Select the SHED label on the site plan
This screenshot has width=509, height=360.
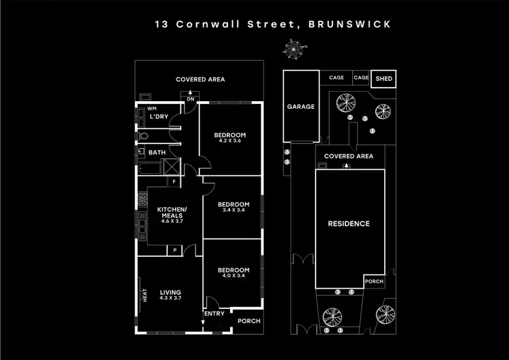pyautogui.click(x=383, y=78)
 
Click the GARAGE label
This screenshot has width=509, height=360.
pyautogui.click(x=301, y=107)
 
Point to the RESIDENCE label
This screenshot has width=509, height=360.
pyautogui.click(x=349, y=223)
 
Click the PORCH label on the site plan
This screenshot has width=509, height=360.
pyautogui.click(x=374, y=281)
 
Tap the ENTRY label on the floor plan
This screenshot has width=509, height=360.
pyautogui.click(x=214, y=313)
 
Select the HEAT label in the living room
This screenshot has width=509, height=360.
pyautogui.click(x=144, y=297)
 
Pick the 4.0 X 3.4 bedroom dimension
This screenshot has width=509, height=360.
pyautogui.click(x=233, y=276)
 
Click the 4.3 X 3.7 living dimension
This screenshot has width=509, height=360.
pyautogui.click(x=170, y=298)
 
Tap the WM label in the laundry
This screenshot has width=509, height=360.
pyautogui.click(x=151, y=108)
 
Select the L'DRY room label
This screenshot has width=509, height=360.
pyautogui.click(x=159, y=118)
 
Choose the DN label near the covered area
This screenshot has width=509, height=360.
pyautogui.click(x=191, y=100)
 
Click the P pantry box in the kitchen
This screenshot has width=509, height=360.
pyautogui.click(x=176, y=250)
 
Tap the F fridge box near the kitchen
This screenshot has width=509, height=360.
pyautogui.click(x=174, y=181)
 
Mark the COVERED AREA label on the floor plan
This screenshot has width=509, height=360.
pyautogui.click(x=200, y=79)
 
